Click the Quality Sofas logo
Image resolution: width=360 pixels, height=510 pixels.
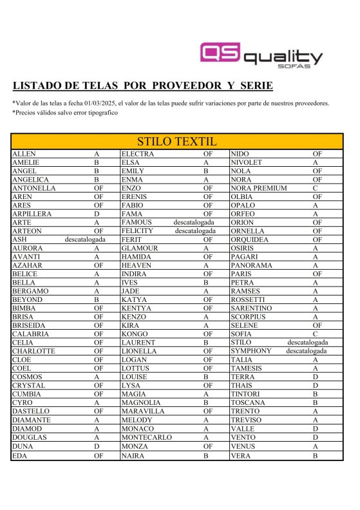pos(261,55)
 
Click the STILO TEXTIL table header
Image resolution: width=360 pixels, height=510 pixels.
pos(176,142)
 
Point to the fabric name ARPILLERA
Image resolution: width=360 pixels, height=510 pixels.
pos(32,214)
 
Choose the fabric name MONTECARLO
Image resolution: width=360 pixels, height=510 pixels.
pos(146,438)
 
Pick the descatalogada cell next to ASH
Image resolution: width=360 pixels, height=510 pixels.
pos(85,240)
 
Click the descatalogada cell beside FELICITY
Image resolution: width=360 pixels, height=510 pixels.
pos(195,231)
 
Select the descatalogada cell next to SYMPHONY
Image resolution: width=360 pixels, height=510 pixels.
pos(307,352)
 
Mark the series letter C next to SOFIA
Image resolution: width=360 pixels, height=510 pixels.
pos(316,334)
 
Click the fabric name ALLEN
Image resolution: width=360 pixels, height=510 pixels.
pos(25,154)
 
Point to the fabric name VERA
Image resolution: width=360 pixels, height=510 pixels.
pos(241,455)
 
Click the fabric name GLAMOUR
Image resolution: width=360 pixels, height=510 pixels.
pos(139,248)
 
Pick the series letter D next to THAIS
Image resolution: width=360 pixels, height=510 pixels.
pos(316,386)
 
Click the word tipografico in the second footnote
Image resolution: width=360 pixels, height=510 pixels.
pos(99,113)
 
